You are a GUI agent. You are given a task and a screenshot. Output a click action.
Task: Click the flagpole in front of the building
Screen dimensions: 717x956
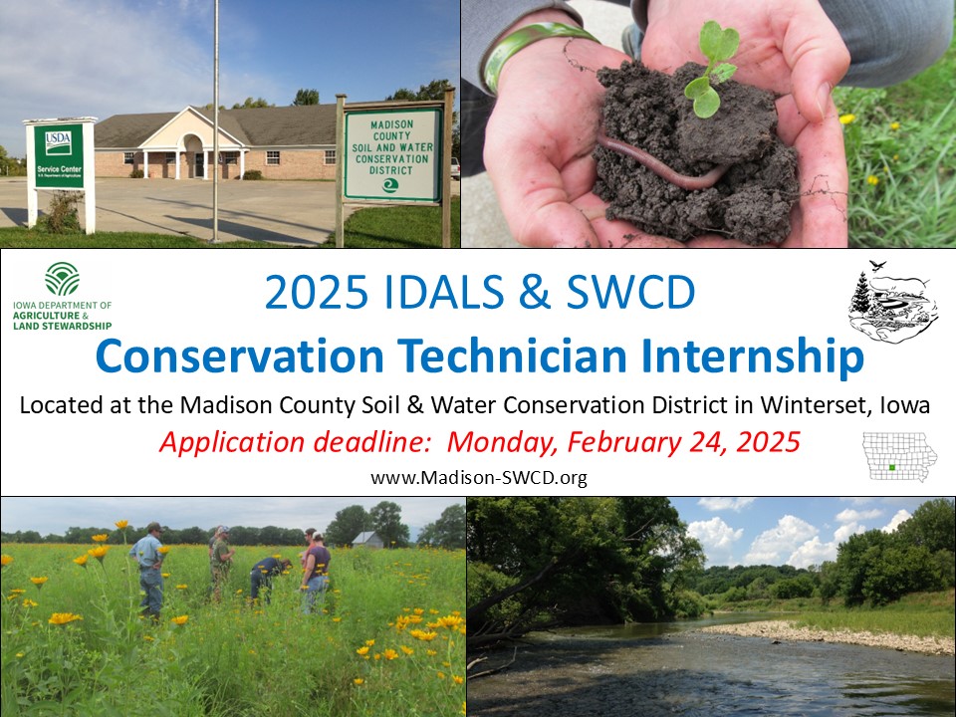click(x=215, y=119)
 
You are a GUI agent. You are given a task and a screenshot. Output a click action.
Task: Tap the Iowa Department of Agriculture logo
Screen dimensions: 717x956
click(x=63, y=296)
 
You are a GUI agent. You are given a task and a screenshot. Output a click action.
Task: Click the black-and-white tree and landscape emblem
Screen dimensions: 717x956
click(x=892, y=299)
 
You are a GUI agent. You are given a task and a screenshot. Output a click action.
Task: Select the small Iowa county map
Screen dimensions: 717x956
click(x=899, y=457)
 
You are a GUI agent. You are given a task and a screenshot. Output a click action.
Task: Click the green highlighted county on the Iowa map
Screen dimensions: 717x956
click(x=892, y=468)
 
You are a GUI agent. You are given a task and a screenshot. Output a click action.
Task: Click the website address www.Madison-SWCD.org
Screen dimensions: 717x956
click(x=478, y=478)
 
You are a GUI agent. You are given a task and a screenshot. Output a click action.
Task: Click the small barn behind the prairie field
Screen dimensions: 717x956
click(x=367, y=539)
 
